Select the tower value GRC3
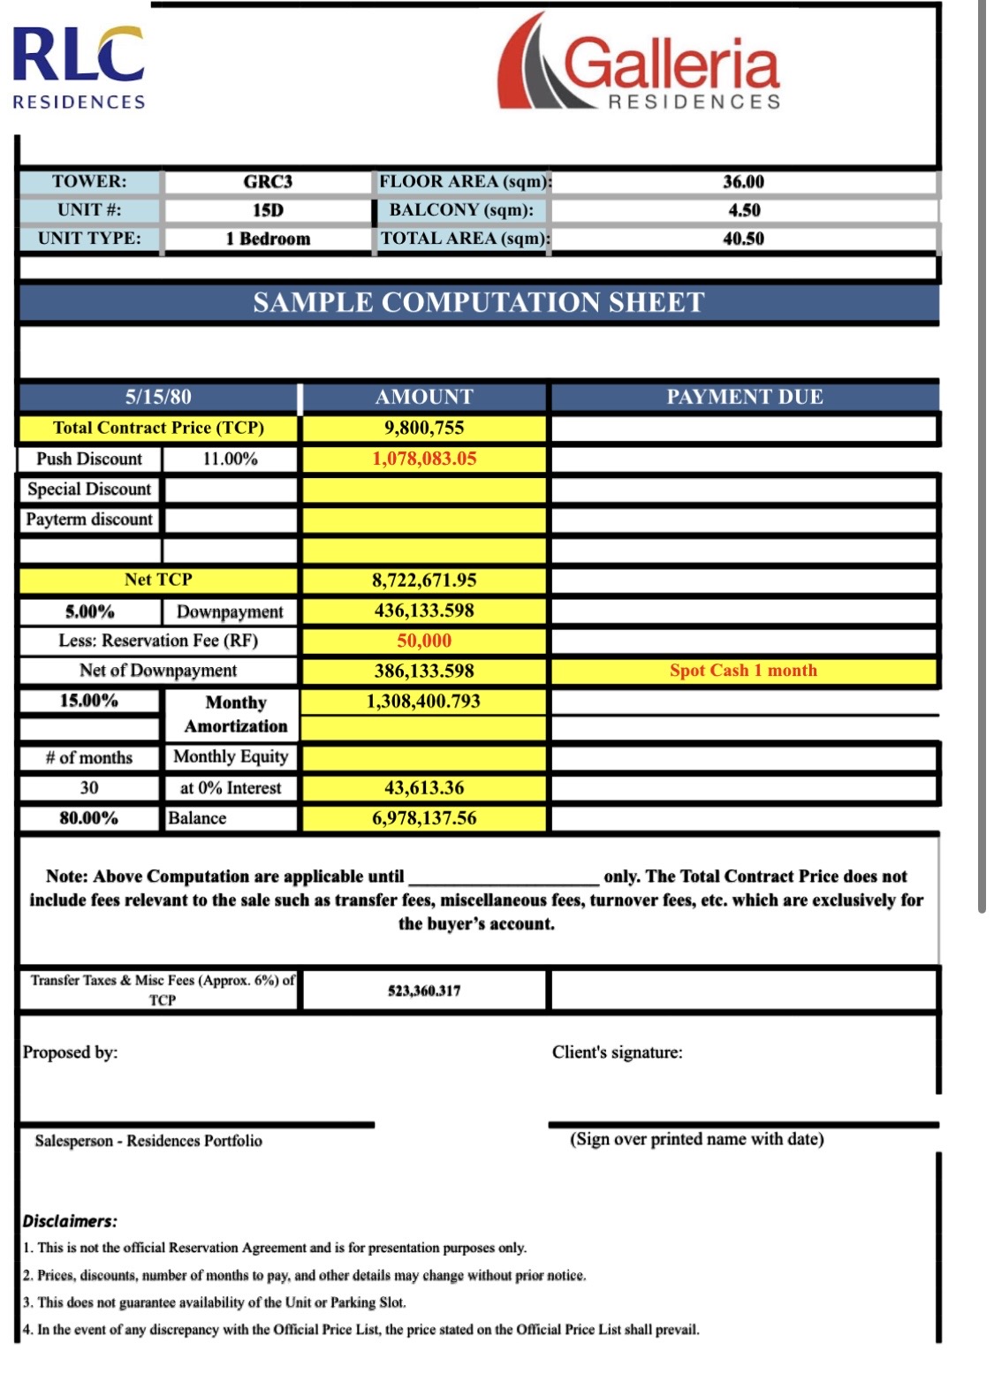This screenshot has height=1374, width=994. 268,182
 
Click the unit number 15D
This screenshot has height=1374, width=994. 268,210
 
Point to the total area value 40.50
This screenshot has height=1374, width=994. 743,239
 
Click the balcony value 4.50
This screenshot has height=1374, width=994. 743,210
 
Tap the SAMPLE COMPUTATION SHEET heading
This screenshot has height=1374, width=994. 478,302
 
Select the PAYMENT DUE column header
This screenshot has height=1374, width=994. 744,397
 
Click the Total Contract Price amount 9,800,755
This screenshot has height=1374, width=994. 424,429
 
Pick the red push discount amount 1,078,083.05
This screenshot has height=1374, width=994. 424,459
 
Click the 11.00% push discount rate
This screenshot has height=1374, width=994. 230,459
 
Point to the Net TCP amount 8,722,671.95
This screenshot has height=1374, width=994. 424,581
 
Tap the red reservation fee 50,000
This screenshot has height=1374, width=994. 424,641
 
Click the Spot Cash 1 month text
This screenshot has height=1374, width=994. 743,671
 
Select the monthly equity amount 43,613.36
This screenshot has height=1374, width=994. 424,788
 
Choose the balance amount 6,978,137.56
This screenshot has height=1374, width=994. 424,818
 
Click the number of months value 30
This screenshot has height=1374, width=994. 89,788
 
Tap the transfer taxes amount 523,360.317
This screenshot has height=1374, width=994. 424,991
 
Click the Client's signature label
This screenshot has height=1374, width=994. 617,1052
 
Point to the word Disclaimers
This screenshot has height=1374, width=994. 70,1221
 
